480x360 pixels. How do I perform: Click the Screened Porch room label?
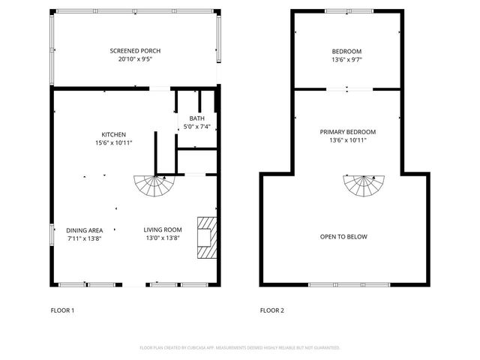click(135, 50)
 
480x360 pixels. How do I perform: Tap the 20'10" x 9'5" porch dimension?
click(135, 58)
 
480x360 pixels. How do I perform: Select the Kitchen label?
click(114, 134)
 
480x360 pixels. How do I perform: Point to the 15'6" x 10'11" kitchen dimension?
click(114, 142)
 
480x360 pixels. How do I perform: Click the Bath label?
click(196, 118)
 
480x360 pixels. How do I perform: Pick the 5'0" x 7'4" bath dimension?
click(196, 127)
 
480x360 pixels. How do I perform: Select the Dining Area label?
click(85, 229)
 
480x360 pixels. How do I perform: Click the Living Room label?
click(163, 229)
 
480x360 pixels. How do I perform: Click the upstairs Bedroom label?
click(346, 51)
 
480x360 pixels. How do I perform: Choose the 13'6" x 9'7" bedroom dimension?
click(346, 59)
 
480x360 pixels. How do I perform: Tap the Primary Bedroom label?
click(347, 131)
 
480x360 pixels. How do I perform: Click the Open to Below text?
click(344, 236)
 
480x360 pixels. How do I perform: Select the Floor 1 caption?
click(62, 310)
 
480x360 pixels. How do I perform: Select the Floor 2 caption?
click(271, 310)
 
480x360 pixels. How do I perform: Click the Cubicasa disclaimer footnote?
click(240, 347)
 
